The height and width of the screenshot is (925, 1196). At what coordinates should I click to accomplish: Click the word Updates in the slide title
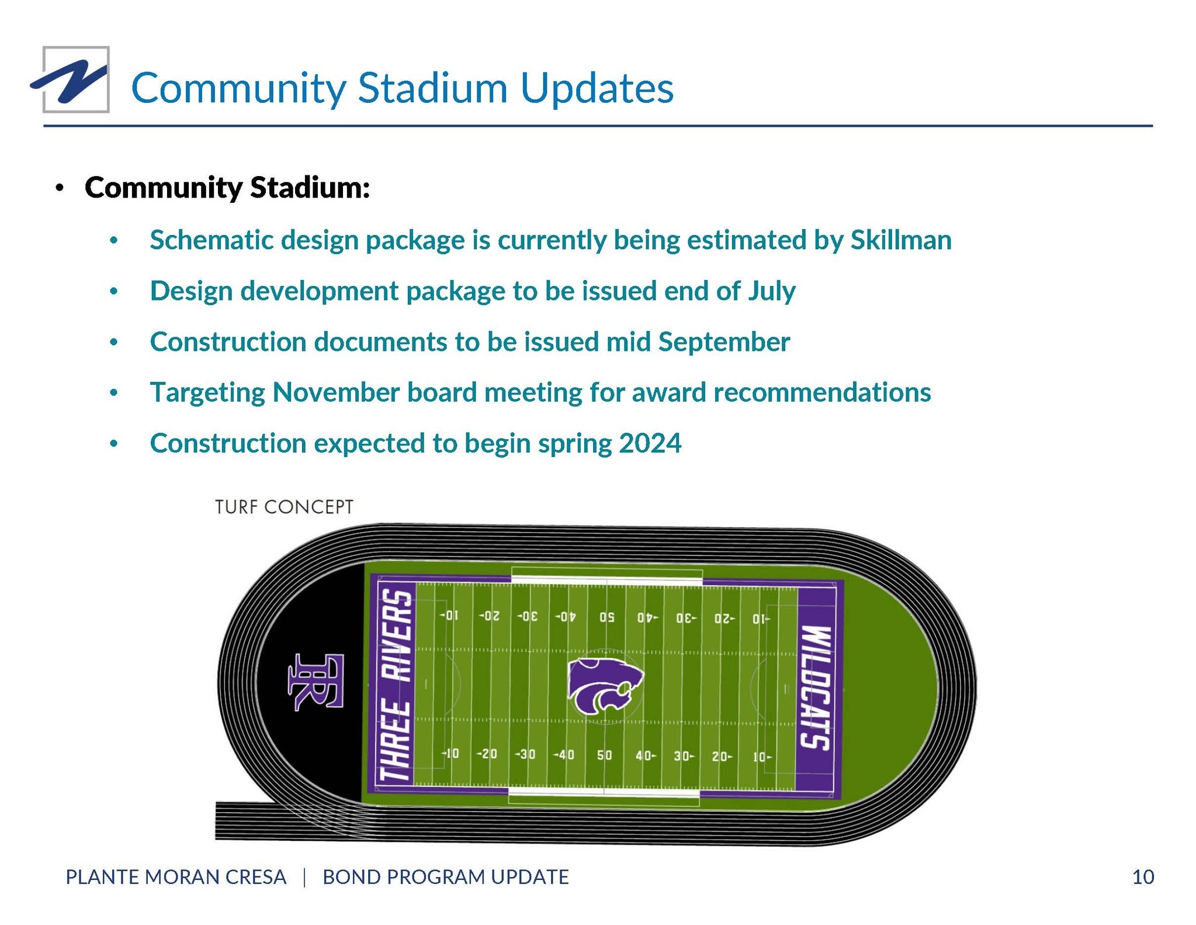pos(597,89)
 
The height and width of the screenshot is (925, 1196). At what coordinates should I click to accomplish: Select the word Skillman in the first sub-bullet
pos(901,240)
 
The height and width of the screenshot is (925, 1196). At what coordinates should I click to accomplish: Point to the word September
pos(724,342)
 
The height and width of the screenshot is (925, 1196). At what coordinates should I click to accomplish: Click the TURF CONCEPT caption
pos(284,506)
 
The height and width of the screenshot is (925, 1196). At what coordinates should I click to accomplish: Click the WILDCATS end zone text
pos(815,688)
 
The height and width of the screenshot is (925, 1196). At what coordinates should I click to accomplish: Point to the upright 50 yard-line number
pos(604,755)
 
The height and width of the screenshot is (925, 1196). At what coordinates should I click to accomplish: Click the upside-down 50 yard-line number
pos(606,617)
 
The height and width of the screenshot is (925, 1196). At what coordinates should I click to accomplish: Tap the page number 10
pos(1143,877)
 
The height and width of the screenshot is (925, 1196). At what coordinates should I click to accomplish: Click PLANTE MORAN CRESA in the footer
pos(176,877)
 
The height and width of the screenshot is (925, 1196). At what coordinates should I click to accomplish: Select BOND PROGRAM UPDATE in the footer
pos(446,877)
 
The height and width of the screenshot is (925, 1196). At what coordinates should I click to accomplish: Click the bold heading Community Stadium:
pos(227,187)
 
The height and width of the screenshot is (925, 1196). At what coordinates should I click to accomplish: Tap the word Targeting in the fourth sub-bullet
pos(207,393)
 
